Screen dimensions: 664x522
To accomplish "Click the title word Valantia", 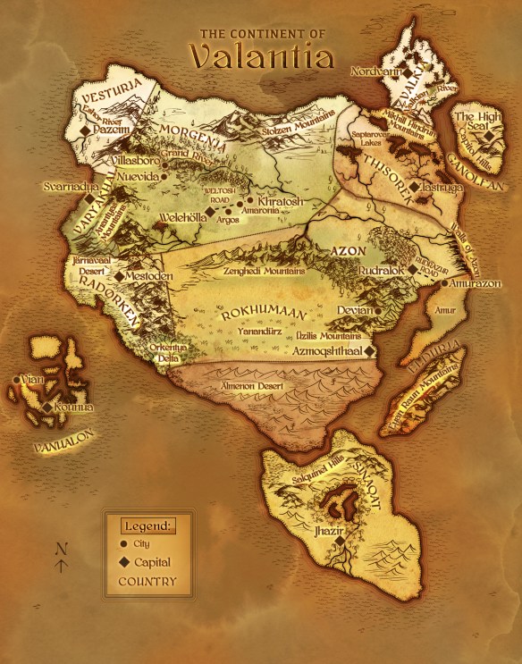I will coord(261,55).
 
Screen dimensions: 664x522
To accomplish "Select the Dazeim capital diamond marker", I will coord(86,130).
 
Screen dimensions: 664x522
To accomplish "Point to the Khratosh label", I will coord(280,202).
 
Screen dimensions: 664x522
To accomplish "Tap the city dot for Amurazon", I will coord(444,283).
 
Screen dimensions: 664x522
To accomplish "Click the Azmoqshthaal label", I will coord(325,352).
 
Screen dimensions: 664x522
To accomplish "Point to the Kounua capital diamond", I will coord(46,407).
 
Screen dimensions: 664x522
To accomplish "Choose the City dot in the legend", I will coord(122,543).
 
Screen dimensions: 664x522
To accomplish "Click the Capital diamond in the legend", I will coord(122,563).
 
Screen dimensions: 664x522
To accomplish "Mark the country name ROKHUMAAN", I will coord(260,315).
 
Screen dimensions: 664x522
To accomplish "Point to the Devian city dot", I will coord(378,311).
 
